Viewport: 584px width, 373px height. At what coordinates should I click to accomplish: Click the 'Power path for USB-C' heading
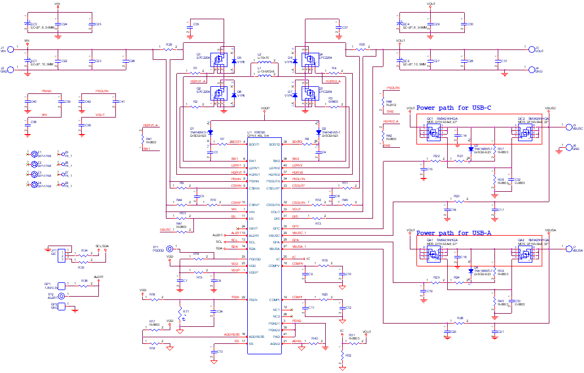click(x=454, y=108)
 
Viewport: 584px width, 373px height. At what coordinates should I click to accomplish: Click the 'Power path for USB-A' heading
click(x=454, y=233)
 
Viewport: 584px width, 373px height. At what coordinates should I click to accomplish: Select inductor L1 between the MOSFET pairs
click(x=264, y=75)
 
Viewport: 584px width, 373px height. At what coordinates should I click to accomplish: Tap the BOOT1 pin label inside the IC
click(x=254, y=144)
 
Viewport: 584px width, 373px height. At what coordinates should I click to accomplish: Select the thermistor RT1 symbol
click(x=180, y=313)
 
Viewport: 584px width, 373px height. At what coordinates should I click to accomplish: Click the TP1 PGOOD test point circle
click(x=170, y=249)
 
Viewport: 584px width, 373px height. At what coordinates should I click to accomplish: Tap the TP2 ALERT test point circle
click(x=62, y=296)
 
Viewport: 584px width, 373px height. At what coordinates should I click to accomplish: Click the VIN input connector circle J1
click(x=11, y=50)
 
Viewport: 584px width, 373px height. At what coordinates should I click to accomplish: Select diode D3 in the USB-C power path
click(x=471, y=149)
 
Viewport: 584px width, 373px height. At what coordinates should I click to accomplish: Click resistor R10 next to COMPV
click(x=325, y=266)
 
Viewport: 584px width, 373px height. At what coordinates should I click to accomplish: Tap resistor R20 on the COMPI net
click(x=325, y=300)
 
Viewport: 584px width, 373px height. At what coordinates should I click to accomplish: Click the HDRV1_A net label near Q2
click(x=198, y=81)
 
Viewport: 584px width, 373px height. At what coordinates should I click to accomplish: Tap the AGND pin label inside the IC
click(x=275, y=343)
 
